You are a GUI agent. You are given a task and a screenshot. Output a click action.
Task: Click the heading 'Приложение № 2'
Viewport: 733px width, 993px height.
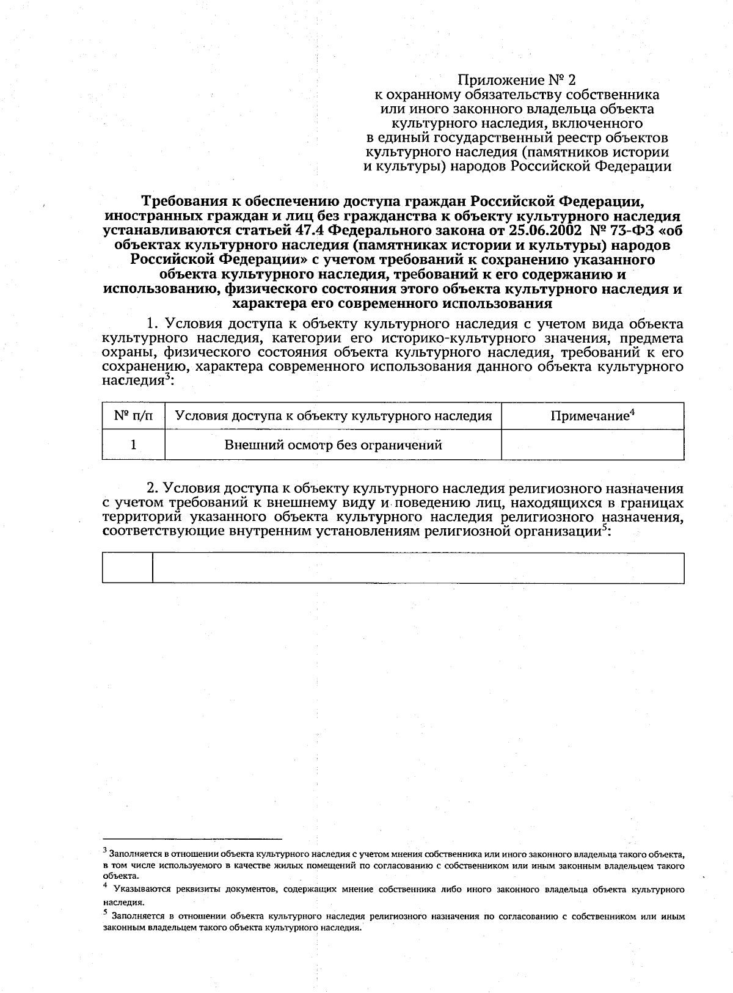pyautogui.click(x=517, y=80)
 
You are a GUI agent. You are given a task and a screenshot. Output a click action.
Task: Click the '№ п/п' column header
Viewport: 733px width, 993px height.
pyautogui.click(x=133, y=416)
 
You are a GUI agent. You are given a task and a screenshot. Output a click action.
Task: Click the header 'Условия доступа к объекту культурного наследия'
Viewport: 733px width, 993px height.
pyautogui.click(x=333, y=416)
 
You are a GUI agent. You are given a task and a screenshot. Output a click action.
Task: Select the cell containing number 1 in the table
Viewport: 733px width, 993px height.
pyautogui.click(x=133, y=445)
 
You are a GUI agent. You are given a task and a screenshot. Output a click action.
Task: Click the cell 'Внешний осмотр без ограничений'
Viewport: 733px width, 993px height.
pyautogui.click(x=333, y=445)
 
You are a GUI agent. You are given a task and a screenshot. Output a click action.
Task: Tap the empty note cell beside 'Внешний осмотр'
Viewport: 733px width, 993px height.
pyautogui.click(x=592, y=445)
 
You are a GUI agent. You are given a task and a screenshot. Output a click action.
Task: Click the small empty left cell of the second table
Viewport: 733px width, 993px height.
pyautogui.click(x=127, y=567)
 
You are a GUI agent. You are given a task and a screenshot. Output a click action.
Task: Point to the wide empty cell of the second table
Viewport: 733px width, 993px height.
pyautogui.click(x=418, y=567)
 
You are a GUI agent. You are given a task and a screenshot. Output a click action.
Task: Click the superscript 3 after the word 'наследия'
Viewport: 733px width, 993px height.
pyautogui.click(x=166, y=377)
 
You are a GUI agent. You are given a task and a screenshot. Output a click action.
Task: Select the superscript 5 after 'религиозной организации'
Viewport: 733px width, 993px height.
pyautogui.click(x=604, y=528)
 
